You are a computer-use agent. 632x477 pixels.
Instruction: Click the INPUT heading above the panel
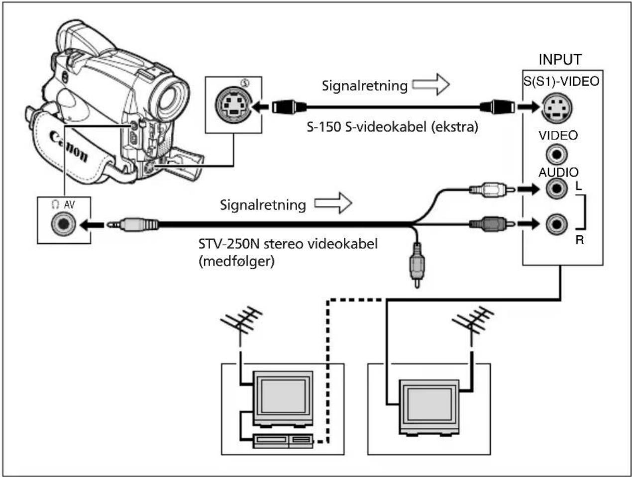(560, 60)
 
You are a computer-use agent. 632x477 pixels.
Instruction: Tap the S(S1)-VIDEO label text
(561, 81)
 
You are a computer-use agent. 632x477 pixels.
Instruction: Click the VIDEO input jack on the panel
(556, 155)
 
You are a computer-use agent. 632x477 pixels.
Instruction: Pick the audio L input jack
(556, 189)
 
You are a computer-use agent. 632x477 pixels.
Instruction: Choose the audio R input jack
(556, 224)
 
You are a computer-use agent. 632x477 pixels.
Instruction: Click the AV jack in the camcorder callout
(63, 224)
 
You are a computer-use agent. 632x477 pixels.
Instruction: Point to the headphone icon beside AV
(55, 204)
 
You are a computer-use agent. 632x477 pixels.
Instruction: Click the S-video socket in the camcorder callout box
(234, 105)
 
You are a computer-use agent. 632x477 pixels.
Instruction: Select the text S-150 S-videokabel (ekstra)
(392, 127)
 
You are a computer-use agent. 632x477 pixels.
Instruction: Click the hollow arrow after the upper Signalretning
(431, 84)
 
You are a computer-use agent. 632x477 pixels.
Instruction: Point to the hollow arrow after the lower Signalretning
(333, 203)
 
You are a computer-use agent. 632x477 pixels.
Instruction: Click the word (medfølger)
(237, 262)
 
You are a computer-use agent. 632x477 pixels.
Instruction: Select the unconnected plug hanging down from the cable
(417, 265)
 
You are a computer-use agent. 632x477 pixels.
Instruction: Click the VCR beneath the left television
(283, 441)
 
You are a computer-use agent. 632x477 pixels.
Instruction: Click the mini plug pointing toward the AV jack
(133, 224)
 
